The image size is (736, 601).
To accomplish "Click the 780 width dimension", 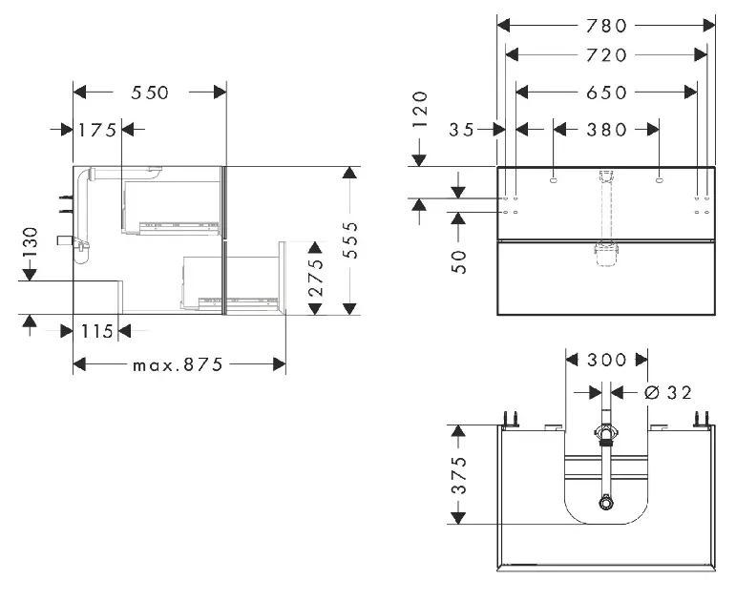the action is pos(606,26).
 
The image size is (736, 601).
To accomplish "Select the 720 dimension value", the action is pos(606,55).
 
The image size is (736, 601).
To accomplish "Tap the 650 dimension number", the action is pos(606,93).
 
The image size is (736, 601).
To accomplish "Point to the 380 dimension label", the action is pos(606,130).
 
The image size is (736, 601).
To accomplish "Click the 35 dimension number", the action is pos(461,130).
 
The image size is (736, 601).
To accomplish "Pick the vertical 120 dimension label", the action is pos(420,111).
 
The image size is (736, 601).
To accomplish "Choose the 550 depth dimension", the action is pos(149,93).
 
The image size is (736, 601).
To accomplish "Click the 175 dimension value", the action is pos(97,130).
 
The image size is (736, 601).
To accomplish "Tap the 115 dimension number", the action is pos(97,332).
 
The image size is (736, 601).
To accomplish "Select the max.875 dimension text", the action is pos(178,364).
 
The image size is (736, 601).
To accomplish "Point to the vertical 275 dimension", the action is pos(316,278).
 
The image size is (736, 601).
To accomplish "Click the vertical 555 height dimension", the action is pos(350,240).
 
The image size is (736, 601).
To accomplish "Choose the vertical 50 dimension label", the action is pos(459,261).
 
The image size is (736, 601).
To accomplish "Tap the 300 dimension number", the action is pos(606,361).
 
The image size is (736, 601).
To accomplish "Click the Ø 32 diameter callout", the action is pos(668,392).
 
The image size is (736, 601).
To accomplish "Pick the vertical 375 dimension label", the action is pos(459,475).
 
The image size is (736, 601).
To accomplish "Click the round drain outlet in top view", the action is pos(606,504).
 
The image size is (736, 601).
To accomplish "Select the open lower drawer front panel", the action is pos(283,278).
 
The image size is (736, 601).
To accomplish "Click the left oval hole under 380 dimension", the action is pos(554,179).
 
